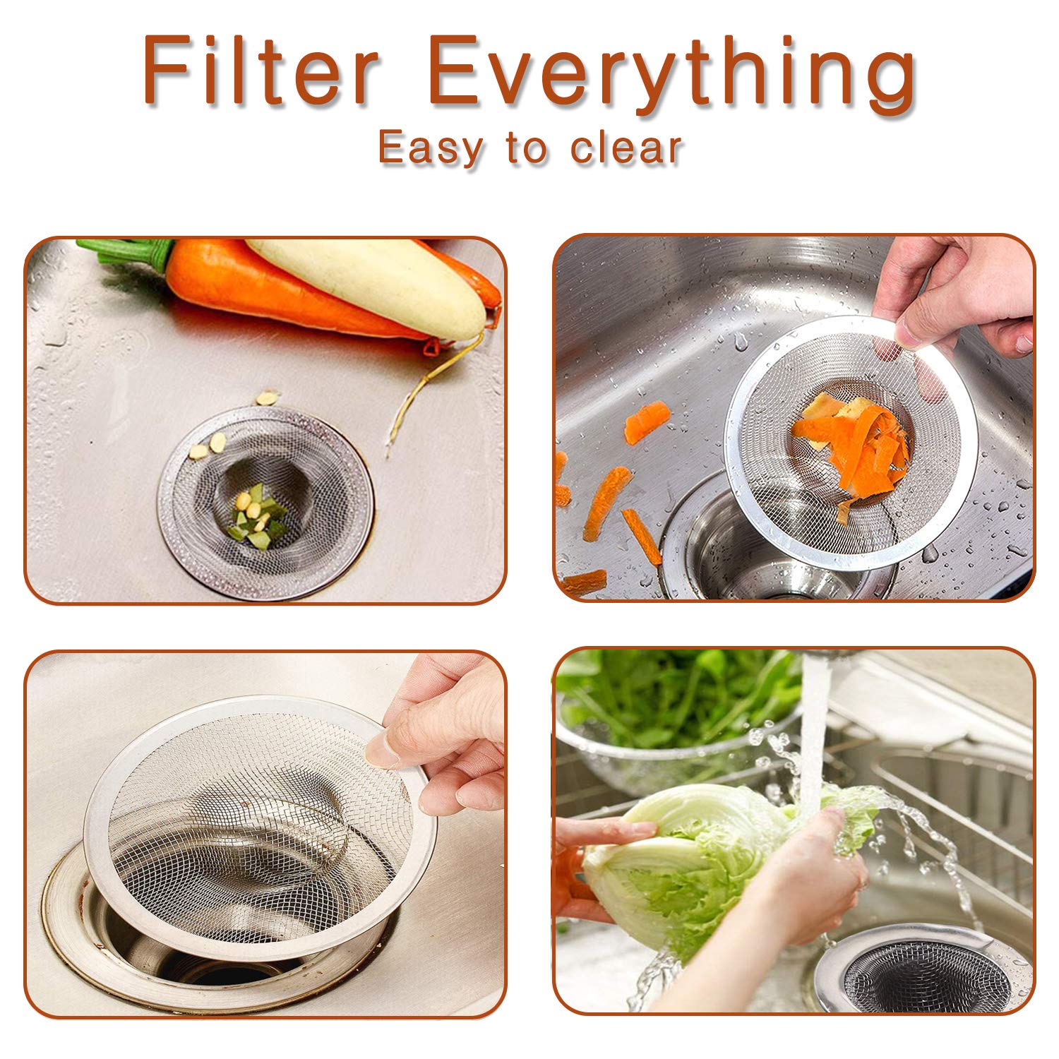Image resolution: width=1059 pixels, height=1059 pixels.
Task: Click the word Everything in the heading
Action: pyautogui.click(x=671, y=74)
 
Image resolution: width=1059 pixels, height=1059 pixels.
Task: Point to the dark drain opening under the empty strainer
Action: pyautogui.click(x=212, y=967)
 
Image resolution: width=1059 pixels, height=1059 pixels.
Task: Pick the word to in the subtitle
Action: pyautogui.click(x=526, y=148)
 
